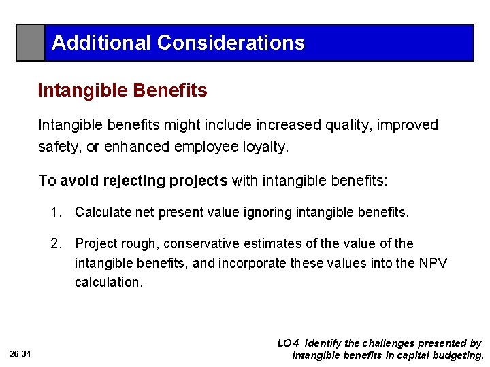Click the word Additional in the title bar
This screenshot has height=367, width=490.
102,43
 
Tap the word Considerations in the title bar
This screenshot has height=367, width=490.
231,43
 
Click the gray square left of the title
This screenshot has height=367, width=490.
31,43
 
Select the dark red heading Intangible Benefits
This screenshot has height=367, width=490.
122,90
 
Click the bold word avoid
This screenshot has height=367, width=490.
78,180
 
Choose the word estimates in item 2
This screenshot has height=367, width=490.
284,243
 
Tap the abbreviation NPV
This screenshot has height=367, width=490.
433,262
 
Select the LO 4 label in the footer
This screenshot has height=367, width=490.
288,343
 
